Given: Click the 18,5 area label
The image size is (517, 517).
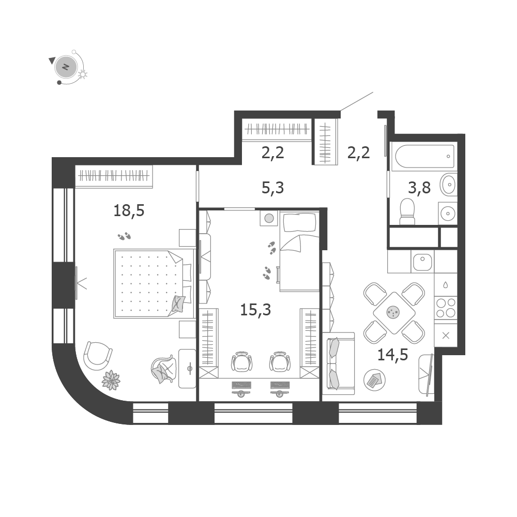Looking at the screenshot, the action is pos(129,210).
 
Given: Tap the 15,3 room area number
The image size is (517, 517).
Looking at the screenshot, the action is pos(255,310).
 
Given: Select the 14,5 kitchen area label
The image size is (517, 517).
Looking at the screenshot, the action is pos(393,355).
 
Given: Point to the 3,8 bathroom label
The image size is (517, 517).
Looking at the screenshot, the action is pos(419,188).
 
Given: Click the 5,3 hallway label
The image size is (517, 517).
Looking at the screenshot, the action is pos(272,188).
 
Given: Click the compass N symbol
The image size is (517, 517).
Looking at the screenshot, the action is pos(66,67).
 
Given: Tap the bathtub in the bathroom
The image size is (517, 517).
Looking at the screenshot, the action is pos(424,156).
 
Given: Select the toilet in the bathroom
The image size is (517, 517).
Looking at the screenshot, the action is pos(407,211).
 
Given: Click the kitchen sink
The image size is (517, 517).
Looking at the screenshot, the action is pos(422,262).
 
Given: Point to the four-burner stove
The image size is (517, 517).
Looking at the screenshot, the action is pos(446,307).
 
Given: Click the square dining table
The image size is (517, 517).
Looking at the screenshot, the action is pos(393,313).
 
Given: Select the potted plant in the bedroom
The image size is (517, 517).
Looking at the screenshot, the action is pos(111,380).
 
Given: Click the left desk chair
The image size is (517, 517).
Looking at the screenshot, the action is pos(242,361).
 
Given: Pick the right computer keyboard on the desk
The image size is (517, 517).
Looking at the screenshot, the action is pos(280,385).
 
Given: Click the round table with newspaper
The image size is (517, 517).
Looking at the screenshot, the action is pos(374,380).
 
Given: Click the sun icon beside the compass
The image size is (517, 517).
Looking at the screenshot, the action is pos(83,74).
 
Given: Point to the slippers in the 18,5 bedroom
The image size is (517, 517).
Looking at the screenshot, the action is pos(124,236).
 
